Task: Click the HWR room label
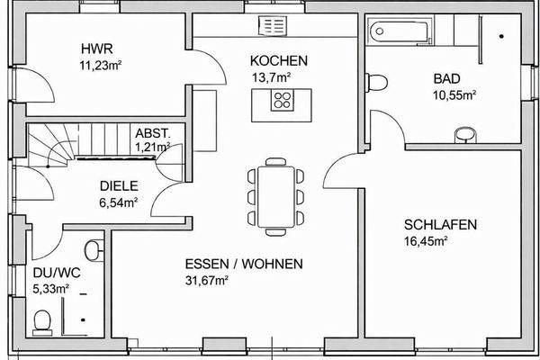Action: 94,49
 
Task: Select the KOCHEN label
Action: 279,61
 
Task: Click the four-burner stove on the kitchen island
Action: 284,99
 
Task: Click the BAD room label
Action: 446,79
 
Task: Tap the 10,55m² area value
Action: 454,94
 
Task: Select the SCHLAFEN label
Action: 440,225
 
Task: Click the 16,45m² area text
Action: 427,240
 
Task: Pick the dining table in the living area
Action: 275,193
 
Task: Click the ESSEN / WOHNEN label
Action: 244,265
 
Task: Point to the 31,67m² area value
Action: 207,279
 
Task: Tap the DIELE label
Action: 118,186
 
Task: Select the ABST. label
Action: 151,131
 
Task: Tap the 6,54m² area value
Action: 118,202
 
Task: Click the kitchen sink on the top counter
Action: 271,24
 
